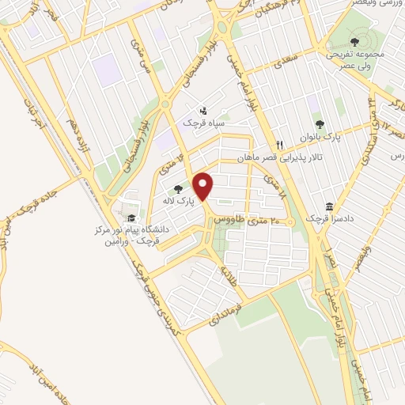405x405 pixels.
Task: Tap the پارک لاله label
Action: pyautogui.click(x=180, y=202)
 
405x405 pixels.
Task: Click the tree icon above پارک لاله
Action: pyautogui.click(x=179, y=189)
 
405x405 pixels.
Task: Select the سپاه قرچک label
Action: pyautogui.click(x=204, y=124)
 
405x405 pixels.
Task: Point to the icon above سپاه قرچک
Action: pyautogui.click(x=204, y=111)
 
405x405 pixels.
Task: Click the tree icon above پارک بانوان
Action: pyautogui.click(x=320, y=124)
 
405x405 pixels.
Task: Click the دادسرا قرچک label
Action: pyautogui.click(x=327, y=215)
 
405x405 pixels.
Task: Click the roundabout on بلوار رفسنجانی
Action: pyautogui.click(x=165, y=103)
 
